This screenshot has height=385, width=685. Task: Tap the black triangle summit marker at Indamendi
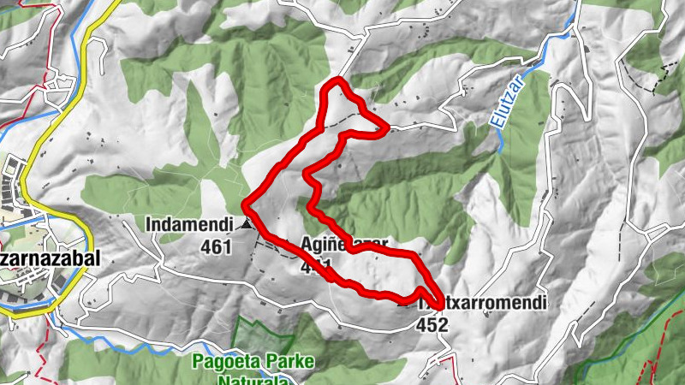point(247,224)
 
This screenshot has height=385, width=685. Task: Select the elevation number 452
point(432,324)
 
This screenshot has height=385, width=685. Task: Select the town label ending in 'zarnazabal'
point(50,258)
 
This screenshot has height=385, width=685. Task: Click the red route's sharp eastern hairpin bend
point(384,131)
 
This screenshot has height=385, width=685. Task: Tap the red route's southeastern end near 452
point(438,305)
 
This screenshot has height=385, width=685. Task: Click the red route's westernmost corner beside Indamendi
point(246,204)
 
